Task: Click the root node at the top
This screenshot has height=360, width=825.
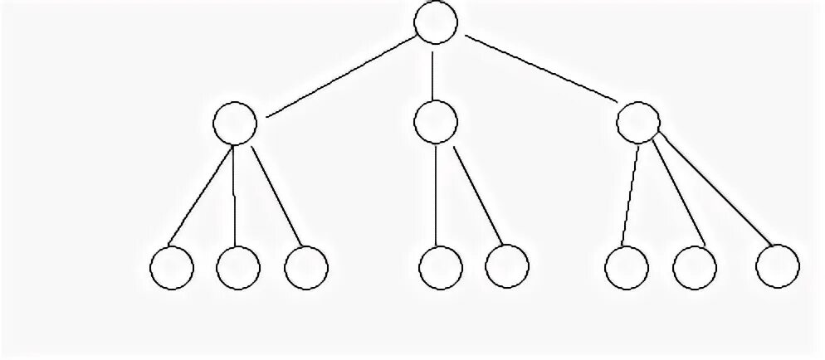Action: (436, 22)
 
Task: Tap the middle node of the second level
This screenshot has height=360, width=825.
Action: (435, 123)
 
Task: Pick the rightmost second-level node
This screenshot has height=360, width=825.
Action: (639, 123)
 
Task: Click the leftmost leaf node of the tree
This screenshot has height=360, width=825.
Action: (173, 268)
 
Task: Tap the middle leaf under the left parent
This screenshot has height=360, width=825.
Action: (238, 268)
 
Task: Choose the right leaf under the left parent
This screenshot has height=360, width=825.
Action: (305, 268)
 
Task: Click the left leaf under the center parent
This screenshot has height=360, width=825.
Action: (441, 268)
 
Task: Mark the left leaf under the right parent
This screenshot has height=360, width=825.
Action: (627, 268)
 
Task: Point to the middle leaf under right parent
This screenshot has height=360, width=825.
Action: (694, 268)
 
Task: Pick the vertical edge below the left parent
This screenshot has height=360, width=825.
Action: (236, 197)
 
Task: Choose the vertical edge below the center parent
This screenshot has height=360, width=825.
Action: (437, 197)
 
